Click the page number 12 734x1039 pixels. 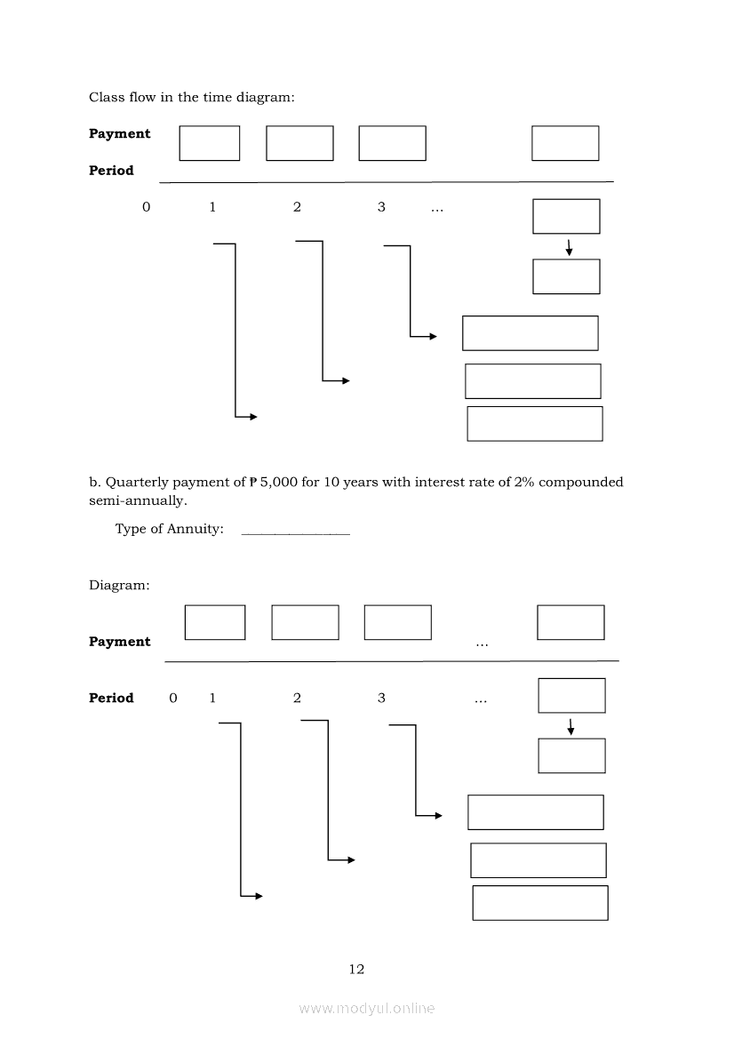coord(356,969)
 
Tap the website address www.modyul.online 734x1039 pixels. coord(367,1008)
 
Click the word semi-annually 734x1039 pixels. coord(138,500)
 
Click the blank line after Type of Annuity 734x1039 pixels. coord(295,531)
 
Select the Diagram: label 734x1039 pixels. coord(119,586)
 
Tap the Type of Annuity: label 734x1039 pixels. coord(169,530)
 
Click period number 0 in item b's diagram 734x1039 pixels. coord(173,699)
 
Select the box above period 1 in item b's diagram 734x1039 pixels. coord(215,622)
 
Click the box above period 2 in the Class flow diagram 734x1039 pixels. coord(299,143)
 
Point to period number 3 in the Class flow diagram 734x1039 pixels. coord(381,207)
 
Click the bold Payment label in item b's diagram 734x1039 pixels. coord(120,642)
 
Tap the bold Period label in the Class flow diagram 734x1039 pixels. coord(111,171)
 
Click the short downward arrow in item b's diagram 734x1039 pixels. coord(570,726)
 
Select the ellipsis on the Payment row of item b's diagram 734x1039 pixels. coord(481,643)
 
